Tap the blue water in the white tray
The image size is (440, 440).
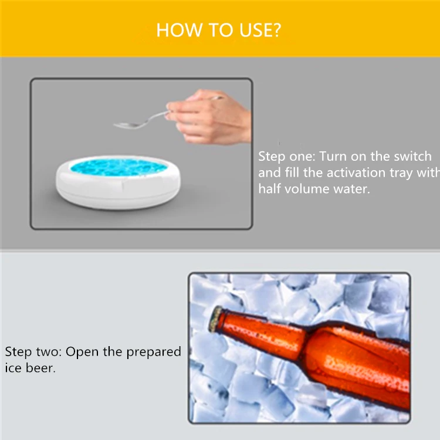tap(119, 167)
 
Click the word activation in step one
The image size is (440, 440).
tap(356, 172)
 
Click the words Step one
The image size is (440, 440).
tap(287, 157)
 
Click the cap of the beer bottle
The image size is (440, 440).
tap(216, 319)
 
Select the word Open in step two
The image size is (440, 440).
tap(83, 352)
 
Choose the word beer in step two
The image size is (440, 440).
tap(40, 368)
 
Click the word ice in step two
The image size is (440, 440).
tap(13, 368)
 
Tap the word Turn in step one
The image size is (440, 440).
tap(333, 156)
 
